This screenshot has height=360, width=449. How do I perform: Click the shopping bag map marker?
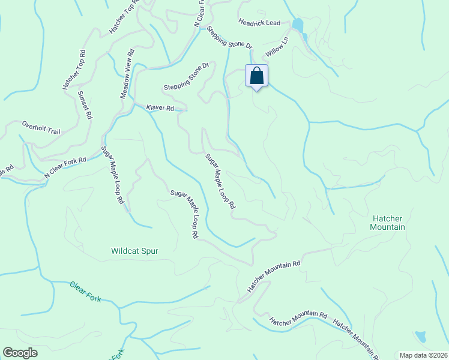(257, 77)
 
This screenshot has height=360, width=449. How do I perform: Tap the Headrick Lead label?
(259, 23)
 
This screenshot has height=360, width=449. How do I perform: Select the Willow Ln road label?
(277, 47)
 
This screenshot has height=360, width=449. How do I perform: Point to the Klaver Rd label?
(160, 108)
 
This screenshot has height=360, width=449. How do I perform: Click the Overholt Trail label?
(41, 127)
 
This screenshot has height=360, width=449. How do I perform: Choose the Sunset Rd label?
(85, 104)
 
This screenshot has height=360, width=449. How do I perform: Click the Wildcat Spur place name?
(134, 251)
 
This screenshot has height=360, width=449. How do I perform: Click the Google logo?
(20, 353)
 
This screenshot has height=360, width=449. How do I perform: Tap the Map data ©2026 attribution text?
(423, 355)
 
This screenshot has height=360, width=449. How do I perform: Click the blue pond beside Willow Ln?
(297, 25)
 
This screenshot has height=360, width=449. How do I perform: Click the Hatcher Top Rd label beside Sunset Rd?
(74, 69)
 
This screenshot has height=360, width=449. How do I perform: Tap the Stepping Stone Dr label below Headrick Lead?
(229, 37)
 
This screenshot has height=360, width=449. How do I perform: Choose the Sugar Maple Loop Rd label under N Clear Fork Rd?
(112, 177)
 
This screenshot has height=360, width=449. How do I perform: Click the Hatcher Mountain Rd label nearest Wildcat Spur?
(274, 275)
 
